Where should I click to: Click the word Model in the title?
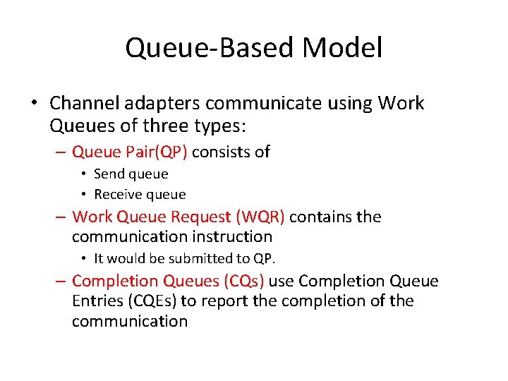(342, 49)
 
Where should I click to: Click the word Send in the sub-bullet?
(109, 174)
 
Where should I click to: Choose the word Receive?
(116, 194)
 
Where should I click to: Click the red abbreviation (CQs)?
(243, 282)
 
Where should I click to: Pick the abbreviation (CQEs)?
(155, 301)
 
